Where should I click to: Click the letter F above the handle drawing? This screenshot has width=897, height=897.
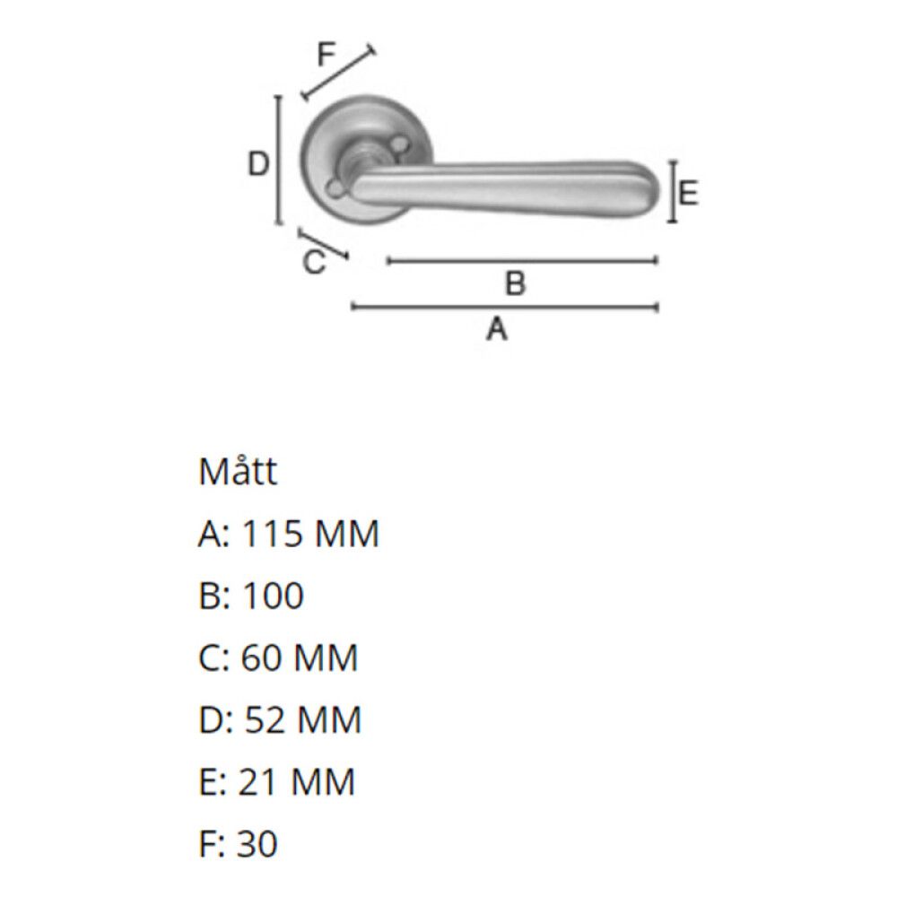coord(327,56)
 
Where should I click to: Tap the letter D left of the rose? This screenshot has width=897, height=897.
coord(258,164)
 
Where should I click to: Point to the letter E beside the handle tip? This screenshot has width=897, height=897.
coord(688,193)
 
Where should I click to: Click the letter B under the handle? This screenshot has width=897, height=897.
coord(515,284)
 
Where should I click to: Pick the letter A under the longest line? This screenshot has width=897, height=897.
coord(497,329)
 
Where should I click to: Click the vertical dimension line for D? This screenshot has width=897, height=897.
coord(279,161)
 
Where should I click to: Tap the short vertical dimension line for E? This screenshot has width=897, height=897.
coord(671,191)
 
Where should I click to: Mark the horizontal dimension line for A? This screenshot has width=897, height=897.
coord(505,308)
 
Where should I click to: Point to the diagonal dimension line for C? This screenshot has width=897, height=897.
coord(323,245)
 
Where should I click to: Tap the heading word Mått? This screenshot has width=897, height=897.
coord(238,473)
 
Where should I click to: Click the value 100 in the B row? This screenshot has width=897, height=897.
coord(273,597)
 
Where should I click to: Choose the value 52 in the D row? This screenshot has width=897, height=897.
coord(263,720)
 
